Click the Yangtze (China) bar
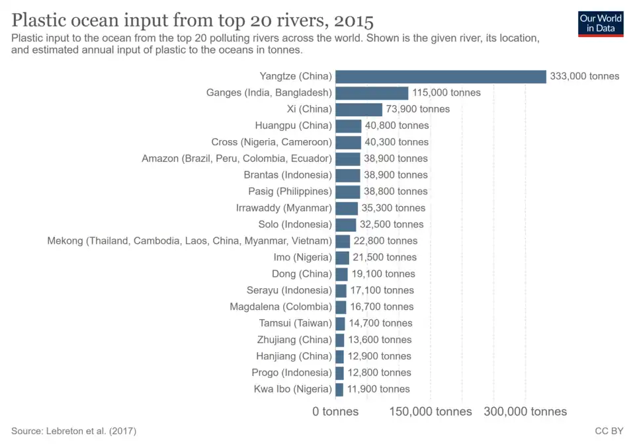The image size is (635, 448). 441,76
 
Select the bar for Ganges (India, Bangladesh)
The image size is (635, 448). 372,93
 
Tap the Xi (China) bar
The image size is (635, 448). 359,109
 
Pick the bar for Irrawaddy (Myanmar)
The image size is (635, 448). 347,207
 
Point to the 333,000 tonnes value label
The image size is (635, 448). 585,76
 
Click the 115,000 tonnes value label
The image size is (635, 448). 446,93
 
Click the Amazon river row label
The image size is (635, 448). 236,159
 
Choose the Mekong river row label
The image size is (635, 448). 189,241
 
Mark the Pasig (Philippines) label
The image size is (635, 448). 290,192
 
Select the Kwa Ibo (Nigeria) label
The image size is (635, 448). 292,389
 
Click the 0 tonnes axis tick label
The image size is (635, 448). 335,412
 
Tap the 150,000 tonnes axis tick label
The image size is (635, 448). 431,412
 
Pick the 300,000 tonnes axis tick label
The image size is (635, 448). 526,412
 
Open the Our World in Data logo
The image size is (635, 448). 601,23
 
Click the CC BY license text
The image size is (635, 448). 609,431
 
